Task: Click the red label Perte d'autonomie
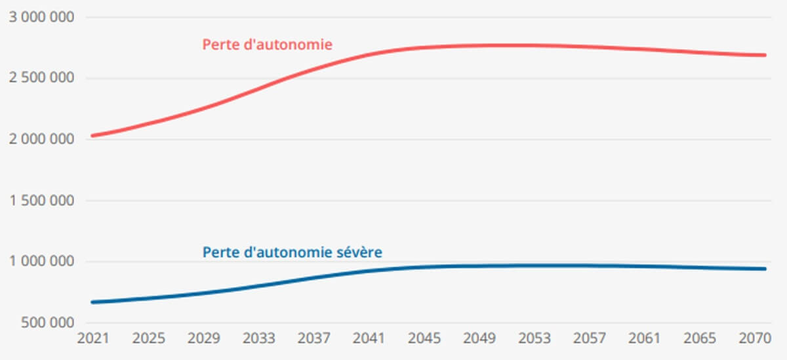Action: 268,45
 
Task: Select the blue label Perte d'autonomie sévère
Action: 293,252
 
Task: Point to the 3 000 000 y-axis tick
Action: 41,17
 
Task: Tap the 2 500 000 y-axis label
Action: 41,78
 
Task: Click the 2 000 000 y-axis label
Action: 41,139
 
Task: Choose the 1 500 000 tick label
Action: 41,201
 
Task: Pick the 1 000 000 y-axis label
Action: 41,262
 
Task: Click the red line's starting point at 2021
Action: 93,136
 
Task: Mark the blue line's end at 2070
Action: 764,269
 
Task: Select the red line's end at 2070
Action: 764,55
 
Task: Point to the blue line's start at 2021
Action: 93,302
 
